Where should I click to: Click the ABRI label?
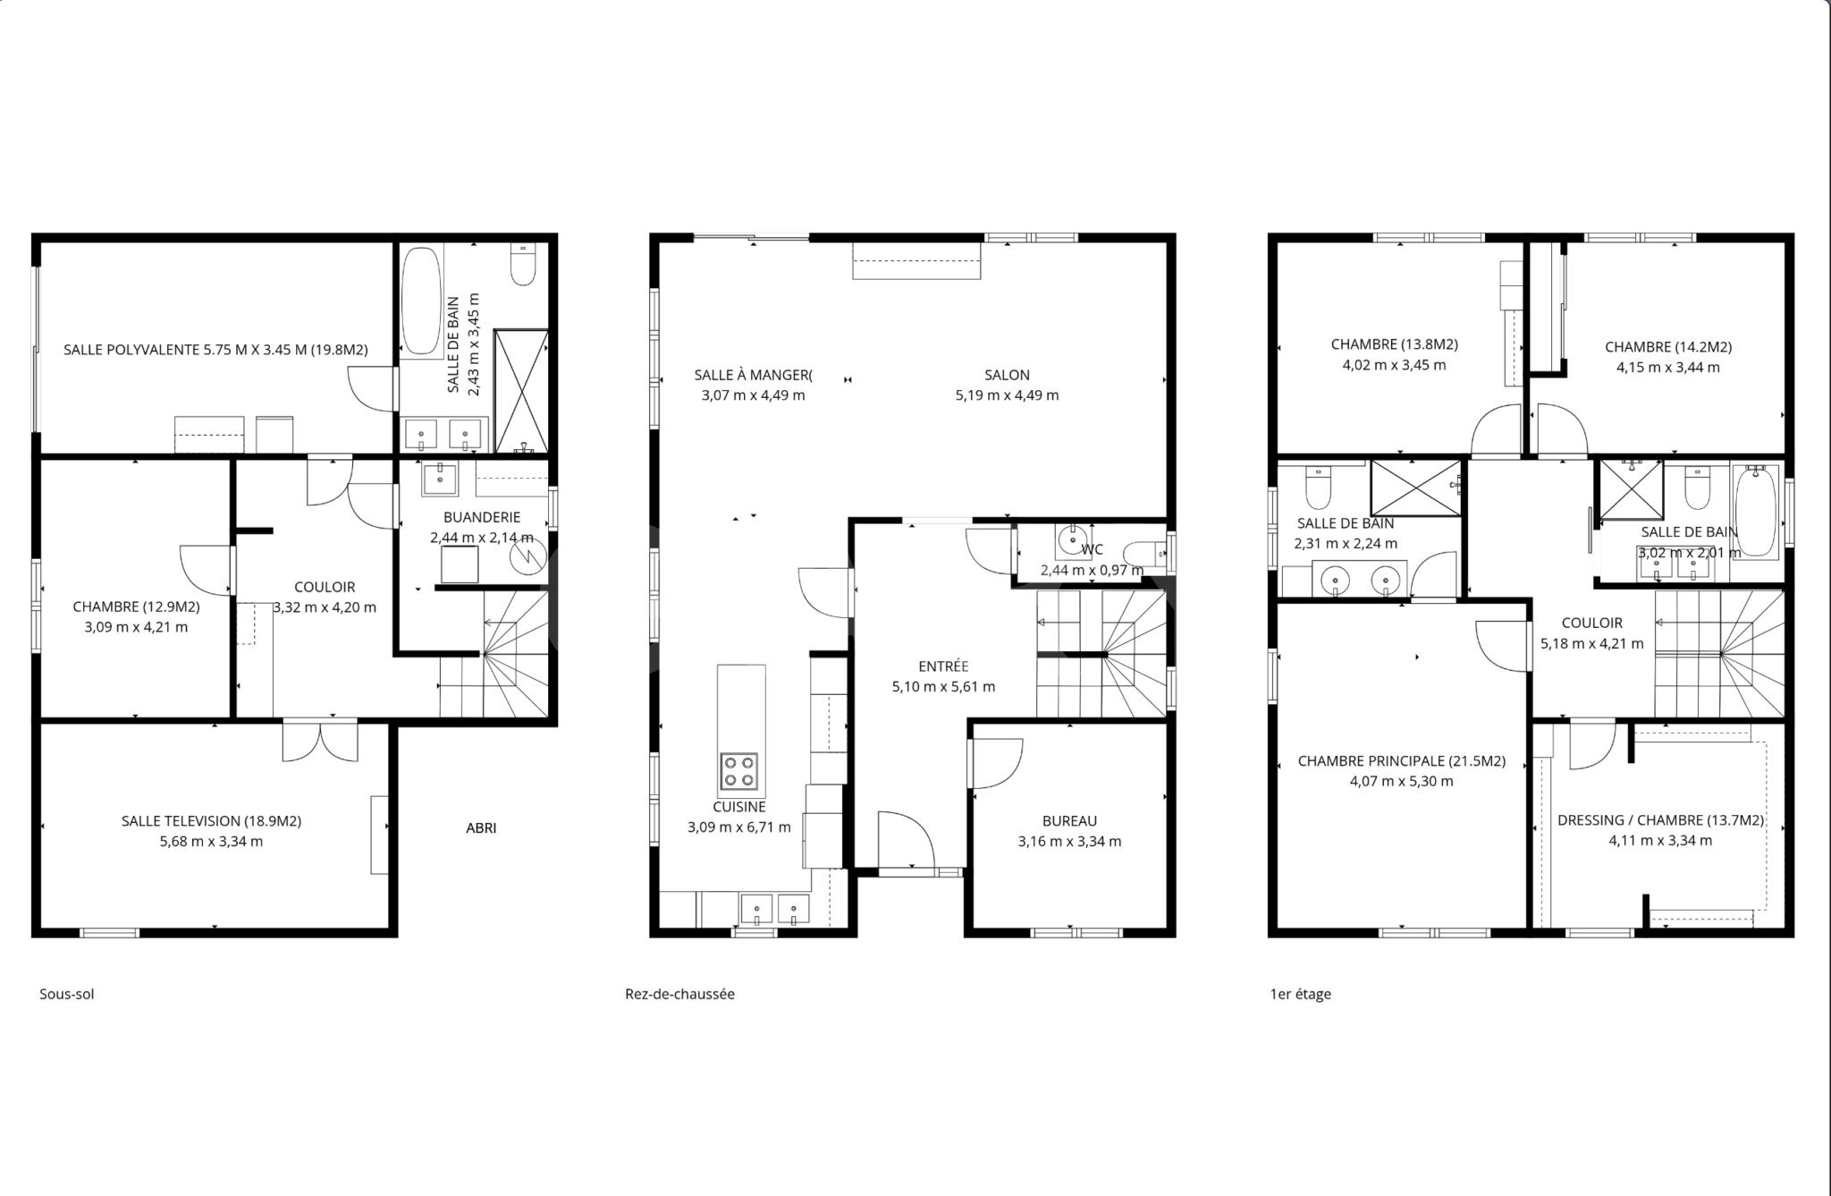tap(481, 828)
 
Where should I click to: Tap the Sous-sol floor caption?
tap(66, 994)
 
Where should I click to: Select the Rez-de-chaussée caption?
tap(679, 994)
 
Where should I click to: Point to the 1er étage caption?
tap(1300, 994)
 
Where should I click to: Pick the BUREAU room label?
tap(1069, 821)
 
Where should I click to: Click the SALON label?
tap(1007, 375)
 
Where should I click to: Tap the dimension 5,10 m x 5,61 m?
tap(943, 687)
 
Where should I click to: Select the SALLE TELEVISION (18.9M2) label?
tap(211, 821)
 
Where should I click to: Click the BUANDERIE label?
tap(482, 517)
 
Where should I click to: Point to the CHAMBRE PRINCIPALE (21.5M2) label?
tap(1401, 761)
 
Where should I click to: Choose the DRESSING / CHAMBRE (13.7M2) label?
tap(1660, 820)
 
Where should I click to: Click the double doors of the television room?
tap(320, 742)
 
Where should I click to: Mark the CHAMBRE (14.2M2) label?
tap(1667, 347)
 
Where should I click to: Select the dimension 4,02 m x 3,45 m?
tap(1394, 365)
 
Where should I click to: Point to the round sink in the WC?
tap(1072, 540)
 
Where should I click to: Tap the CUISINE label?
tap(739, 807)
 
